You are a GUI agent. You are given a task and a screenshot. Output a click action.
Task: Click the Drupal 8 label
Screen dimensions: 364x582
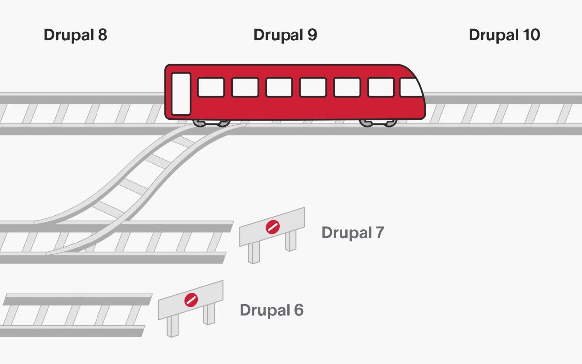pyautogui.click(x=75, y=35)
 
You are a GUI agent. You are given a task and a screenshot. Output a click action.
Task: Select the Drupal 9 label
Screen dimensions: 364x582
pyautogui.click(x=285, y=35)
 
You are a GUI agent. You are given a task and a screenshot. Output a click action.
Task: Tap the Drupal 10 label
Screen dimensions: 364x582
pyautogui.click(x=504, y=35)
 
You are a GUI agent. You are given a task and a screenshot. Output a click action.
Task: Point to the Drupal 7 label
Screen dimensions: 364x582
pyautogui.click(x=353, y=232)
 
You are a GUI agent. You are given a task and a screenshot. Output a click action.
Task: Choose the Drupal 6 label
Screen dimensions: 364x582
pyautogui.click(x=272, y=310)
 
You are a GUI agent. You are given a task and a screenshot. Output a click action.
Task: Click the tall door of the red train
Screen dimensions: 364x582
pyautogui.click(x=181, y=94)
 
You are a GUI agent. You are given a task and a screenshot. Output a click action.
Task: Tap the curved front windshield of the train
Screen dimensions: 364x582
pyautogui.click(x=411, y=88)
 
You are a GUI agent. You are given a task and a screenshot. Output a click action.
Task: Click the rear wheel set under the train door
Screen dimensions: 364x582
pyautogui.click(x=211, y=122)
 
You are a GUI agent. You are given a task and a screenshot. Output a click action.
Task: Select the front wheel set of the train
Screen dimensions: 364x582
pyautogui.click(x=378, y=122)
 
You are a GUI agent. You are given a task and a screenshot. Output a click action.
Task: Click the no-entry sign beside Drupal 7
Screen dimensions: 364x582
pyautogui.click(x=272, y=227)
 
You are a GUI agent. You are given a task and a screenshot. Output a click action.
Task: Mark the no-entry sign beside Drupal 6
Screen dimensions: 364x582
pyautogui.click(x=191, y=300)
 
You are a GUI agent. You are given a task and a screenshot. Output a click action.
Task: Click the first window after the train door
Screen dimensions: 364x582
pyautogui.click(x=211, y=87)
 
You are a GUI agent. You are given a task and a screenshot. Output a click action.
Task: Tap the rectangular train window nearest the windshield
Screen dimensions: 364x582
pyautogui.click(x=381, y=87)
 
